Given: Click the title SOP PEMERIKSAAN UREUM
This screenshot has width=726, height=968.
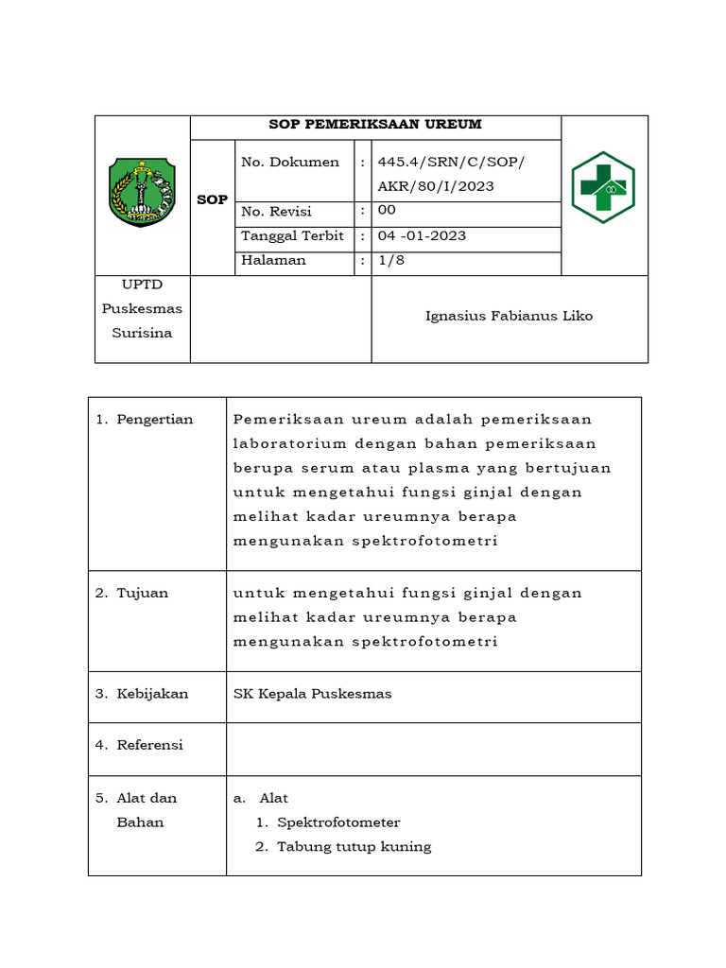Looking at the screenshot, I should coord(375,125).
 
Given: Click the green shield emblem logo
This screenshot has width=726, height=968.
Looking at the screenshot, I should coord(142,193).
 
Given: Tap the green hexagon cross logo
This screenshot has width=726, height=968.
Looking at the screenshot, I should coord(603,187).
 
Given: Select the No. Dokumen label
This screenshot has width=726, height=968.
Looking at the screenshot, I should coord(290,163).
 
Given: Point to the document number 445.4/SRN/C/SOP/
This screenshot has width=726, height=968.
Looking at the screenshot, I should coord(450,163).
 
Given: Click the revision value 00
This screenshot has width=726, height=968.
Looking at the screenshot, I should coord(387,211).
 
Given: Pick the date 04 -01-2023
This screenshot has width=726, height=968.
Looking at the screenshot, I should coord(422,235).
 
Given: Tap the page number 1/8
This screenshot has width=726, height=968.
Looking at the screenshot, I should coord(390,260).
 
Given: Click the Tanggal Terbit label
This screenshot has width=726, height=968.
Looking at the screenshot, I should coord(292,235).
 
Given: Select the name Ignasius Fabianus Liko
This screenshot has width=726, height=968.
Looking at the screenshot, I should coord(509,316).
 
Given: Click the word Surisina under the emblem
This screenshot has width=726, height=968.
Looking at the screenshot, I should coord(142,333).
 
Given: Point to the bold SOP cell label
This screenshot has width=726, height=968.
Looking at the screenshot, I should coord(212,199).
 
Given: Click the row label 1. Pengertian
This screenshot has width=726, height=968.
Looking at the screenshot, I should coord(145,420).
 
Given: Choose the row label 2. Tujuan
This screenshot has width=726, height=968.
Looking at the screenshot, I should coord(132,594).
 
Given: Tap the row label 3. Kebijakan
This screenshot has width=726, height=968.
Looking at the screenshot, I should coord(142,694).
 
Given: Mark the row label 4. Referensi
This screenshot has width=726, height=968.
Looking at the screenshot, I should coord(140,745).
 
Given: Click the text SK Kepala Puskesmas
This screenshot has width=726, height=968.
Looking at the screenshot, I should coord(312,694).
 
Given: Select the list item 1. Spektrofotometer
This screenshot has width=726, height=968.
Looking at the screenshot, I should coord(328,822).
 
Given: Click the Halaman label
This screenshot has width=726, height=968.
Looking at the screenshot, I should coord(273,260).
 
